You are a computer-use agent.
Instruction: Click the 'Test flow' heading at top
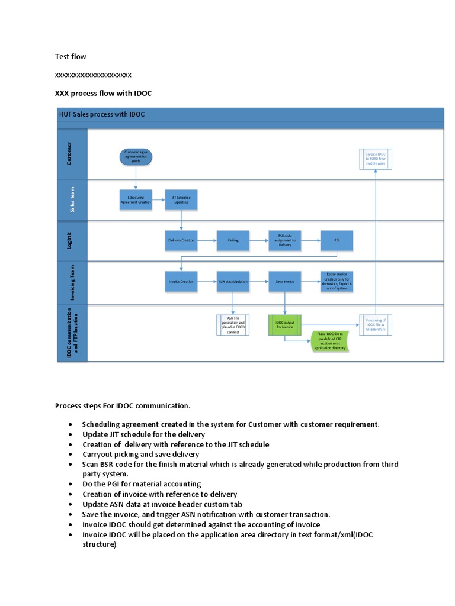tap(71, 57)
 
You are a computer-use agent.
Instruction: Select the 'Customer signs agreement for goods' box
tap(136, 157)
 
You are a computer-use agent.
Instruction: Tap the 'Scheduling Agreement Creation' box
tap(136, 200)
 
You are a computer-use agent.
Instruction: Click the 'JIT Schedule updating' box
tap(181, 200)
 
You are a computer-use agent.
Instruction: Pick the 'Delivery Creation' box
tap(181, 240)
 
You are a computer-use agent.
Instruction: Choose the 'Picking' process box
tap(232, 240)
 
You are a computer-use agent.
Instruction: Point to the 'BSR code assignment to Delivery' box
tap(285, 240)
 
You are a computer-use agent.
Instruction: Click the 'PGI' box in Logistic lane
tap(337, 240)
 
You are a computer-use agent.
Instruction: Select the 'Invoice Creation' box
tap(181, 282)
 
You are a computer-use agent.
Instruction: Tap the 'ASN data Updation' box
tap(233, 282)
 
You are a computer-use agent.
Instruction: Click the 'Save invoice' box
tap(285, 282)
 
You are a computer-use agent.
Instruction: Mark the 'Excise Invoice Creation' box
tap(337, 282)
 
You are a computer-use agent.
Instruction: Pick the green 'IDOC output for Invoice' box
tap(285, 324)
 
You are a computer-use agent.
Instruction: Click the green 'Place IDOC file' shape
tap(330, 341)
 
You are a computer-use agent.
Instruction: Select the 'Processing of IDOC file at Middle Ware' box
tap(376, 324)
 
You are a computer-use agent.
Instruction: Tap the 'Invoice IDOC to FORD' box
tap(376, 159)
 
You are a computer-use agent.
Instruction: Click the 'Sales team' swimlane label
tap(72, 199)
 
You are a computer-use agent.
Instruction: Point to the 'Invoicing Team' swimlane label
tap(72, 282)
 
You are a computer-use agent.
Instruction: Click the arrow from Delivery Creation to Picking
tap(207, 240)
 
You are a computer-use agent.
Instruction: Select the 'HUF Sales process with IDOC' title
tap(102, 114)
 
